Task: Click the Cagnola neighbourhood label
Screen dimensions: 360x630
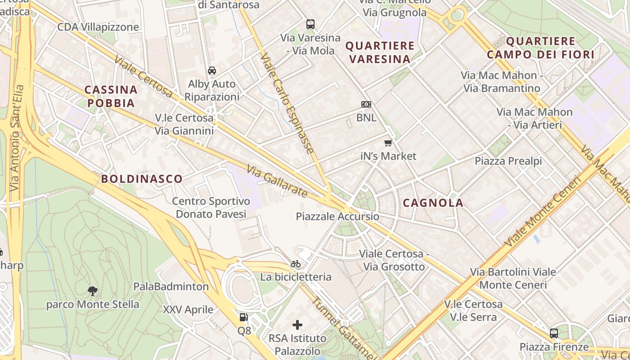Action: point(433,203)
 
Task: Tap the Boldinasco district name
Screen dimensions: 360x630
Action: point(142,179)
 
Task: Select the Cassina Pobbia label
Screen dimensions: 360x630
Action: point(111,96)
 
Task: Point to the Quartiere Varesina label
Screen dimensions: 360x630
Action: point(380,52)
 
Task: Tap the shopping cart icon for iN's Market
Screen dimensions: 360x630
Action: point(388,143)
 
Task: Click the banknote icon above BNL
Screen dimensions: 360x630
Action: point(366,104)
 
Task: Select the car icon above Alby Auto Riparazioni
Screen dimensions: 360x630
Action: point(212,71)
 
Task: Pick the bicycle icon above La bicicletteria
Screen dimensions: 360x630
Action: point(296,264)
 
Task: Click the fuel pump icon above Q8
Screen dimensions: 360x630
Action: point(243,317)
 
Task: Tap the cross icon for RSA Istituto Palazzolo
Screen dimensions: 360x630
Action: point(297,324)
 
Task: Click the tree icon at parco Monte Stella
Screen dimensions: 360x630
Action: point(93,291)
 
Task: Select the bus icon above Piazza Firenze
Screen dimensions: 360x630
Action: point(554,333)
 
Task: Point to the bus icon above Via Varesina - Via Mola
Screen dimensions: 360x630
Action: point(310,24)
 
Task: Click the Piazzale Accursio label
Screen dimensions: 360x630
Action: point(337,216)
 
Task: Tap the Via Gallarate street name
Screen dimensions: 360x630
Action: point(277,181)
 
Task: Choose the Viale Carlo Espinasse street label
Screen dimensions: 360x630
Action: point(287,103)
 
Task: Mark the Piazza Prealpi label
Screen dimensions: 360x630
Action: point(508,161)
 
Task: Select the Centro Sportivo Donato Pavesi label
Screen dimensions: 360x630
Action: point(211,207)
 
